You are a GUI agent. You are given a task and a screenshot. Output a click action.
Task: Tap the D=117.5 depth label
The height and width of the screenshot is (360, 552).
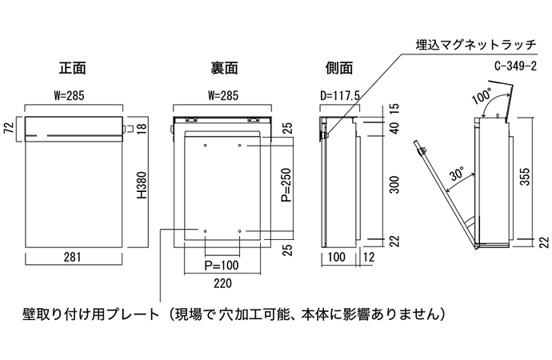pyautogui.click(x=339, y=95)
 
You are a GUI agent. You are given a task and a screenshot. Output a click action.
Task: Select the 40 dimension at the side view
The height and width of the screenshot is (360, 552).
pyautogui.click(x=393, y=128)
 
